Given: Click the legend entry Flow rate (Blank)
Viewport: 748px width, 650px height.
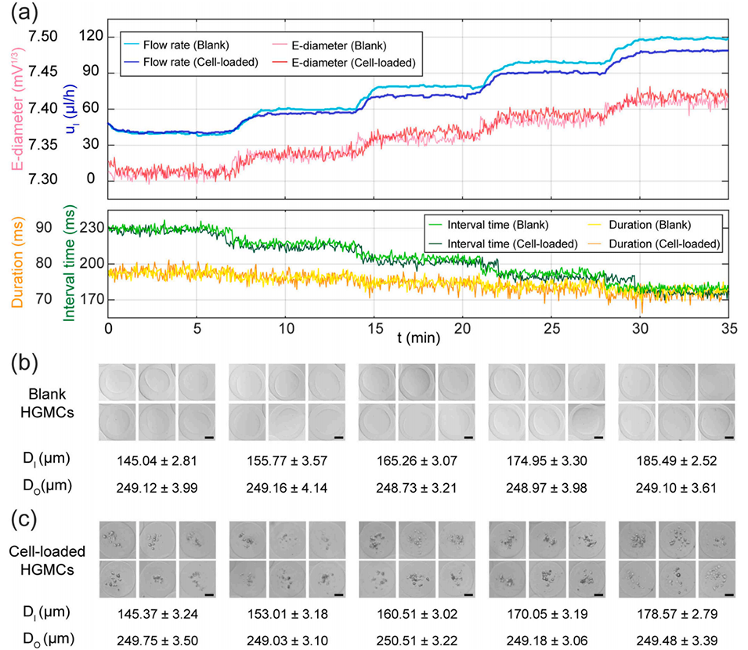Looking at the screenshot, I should point(186,45).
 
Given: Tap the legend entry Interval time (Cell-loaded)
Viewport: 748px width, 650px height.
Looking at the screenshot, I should point(515,244).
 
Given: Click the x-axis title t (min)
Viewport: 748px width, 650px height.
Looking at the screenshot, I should point(417,338).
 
